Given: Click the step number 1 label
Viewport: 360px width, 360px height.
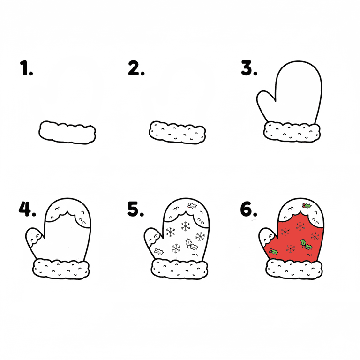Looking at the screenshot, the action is pyautogui.click(x=26, y=68).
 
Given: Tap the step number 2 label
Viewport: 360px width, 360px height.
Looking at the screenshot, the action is pyautogui.click(x=136, y=68).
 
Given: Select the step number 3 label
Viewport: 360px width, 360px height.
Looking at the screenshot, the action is pyautogui.click(x=249, y=68).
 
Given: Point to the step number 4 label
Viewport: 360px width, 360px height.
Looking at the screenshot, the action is pyautogui.click(x=27, y=209).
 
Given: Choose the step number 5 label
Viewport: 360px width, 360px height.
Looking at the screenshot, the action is pyautogui.click(x=135, y=209).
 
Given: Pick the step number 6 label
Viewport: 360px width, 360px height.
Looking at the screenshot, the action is pyautogui.click(x=248, y=209).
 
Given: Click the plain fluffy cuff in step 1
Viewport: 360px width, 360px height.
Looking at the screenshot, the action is pyautogui.click(x=67, y=133).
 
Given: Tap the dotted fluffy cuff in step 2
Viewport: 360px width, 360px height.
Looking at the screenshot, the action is pyautogui.click(x=177, y=133).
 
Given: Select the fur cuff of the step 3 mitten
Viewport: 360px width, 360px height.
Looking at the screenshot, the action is pyautogui.click(x=292, y=132).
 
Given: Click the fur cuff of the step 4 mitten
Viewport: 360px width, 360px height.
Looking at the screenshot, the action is pyautogui.click(x=61, y=269).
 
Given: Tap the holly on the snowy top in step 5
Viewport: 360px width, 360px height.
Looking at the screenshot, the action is pyautogui.click(x=192, y=206).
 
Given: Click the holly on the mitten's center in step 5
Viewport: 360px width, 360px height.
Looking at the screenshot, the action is pyautogui.click(x=191, y=245).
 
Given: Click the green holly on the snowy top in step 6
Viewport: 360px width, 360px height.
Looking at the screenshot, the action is pyautogui.click(x=307, y=206).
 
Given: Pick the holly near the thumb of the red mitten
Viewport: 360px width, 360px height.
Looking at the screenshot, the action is pyautogui.click(x=273, y=251).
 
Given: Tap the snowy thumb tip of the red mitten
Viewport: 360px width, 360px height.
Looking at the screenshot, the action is pyautogui.click(x=267, y=236).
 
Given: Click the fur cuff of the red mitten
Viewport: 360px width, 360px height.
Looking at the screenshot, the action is pyautogui.click(x=294, y=269).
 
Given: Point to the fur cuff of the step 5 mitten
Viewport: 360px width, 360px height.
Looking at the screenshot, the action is pyautogui.click(x=180, y=269).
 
